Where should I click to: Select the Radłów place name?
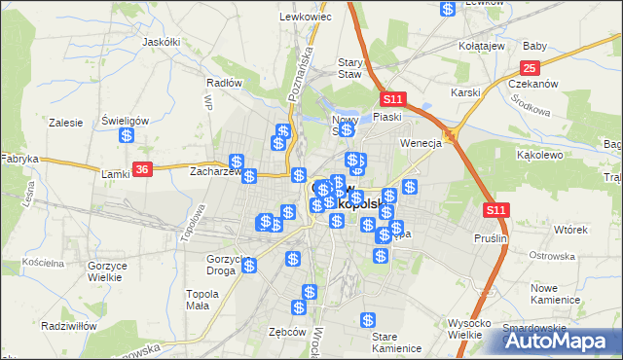[x=225, y=83]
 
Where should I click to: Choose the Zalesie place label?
[x=64, y=124]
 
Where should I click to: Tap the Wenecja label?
[x=421, y=143]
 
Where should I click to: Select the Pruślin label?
[x=490, y=237]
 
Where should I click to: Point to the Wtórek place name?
[x=570, y=230]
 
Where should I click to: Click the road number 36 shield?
[x=142, y=168]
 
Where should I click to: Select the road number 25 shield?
[x=530, y=67]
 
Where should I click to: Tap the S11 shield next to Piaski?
[x=392, y=99]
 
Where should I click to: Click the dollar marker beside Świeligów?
[x=127, y=136]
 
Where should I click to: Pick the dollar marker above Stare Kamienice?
[x=368, y=319]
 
